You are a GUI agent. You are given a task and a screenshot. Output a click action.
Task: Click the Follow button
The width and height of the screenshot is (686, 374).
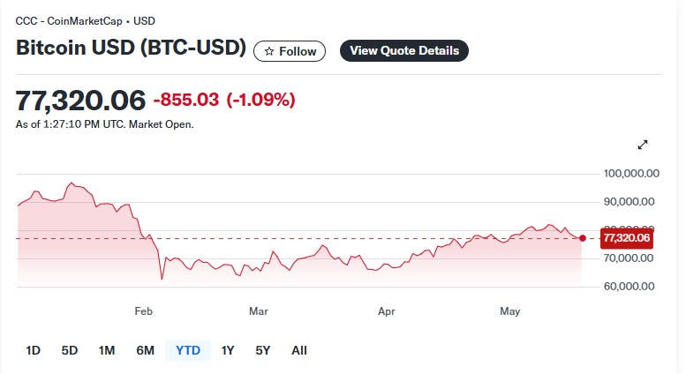290,51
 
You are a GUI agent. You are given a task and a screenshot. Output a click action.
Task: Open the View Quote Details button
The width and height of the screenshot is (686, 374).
404,50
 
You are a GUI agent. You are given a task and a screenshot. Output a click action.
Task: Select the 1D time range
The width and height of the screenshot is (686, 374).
34,350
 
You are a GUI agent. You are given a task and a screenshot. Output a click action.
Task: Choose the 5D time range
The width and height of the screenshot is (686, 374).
70,350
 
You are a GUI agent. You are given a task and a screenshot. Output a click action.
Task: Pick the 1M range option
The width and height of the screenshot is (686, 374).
107,350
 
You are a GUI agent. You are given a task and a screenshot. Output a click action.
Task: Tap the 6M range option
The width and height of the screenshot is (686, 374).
146,350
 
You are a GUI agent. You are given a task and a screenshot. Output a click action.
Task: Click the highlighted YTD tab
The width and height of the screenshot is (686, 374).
188,350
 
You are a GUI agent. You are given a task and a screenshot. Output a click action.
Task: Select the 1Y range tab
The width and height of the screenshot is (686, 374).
228,350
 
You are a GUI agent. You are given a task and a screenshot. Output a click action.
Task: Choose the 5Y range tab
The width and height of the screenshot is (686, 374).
263,350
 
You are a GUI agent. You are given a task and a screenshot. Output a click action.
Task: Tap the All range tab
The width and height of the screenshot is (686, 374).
299,350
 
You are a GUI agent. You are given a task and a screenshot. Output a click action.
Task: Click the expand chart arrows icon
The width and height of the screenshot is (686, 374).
643,145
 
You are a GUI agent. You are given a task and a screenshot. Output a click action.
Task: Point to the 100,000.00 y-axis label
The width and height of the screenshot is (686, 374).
631,174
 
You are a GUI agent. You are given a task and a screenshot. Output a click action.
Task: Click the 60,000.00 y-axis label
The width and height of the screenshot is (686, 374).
629,286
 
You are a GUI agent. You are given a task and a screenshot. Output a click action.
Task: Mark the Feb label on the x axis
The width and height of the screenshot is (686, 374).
144,311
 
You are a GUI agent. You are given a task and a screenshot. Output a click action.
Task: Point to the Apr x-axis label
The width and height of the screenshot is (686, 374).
387,311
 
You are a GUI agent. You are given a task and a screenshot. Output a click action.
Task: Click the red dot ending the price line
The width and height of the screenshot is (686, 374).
583,238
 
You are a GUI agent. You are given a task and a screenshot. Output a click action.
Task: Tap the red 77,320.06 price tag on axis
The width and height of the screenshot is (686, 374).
627,238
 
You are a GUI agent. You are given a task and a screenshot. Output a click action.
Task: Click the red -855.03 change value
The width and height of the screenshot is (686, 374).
186,100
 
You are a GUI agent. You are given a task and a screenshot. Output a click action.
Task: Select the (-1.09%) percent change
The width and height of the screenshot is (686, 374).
260,100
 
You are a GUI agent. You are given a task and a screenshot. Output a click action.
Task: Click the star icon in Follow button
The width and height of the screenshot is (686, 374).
269,51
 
